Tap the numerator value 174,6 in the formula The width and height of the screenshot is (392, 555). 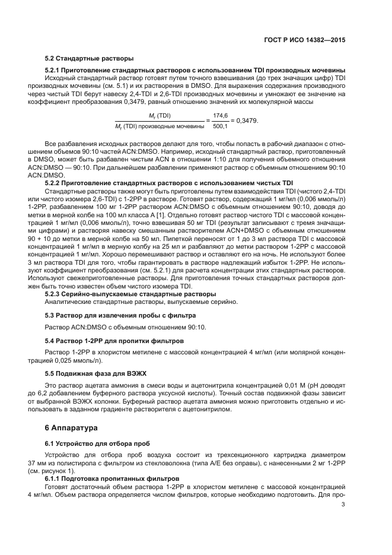click(x=220, y=116)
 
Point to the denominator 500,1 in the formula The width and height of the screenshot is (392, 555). click(x=220, y=125)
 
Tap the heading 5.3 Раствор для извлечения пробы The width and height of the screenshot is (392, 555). click(x=120, y=315)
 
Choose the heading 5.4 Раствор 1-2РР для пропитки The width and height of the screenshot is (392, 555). click(x=114, y=341)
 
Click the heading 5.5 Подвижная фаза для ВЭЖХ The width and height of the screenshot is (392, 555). click(x=95, y=373)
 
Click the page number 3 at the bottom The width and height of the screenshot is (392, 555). click(x=343, y=505)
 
